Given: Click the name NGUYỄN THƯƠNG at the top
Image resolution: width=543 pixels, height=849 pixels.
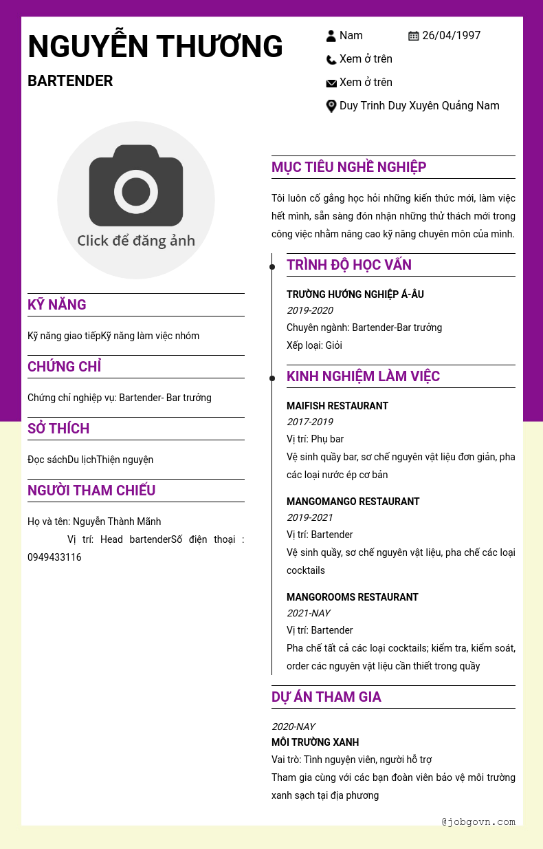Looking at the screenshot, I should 155,47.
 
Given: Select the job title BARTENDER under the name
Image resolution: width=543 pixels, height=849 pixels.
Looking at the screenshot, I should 70,81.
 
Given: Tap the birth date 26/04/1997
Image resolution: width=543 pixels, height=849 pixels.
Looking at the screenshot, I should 451,36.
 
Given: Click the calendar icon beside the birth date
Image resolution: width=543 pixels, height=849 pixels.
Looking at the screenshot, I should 414,36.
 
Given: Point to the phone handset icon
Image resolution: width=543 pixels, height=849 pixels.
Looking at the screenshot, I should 331,60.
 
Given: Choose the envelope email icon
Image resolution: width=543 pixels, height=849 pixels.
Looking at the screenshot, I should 331,83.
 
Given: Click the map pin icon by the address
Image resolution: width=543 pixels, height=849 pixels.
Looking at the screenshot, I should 331,106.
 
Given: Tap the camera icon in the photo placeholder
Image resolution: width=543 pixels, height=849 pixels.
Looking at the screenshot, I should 136,185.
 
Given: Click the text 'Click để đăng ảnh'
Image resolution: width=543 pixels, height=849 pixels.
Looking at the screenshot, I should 136,241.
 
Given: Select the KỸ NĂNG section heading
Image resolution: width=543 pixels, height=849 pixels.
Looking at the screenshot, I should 57,305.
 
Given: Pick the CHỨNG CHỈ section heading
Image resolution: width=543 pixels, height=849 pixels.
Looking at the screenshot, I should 65,367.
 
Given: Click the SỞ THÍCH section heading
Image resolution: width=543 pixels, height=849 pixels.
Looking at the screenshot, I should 58,429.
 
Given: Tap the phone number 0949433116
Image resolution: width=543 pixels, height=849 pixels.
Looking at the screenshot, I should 54,557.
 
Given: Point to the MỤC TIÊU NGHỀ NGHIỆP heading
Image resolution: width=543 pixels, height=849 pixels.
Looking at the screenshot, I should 348,167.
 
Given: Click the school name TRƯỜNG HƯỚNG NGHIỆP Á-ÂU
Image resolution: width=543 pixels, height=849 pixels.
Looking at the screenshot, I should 355,294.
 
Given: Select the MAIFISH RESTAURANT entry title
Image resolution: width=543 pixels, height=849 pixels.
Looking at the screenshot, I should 337,406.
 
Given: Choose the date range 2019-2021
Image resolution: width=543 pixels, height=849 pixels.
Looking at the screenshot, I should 309,517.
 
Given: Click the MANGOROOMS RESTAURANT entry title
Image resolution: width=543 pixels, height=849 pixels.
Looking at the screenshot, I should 353,597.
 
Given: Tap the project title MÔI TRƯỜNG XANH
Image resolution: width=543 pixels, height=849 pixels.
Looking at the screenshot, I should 315,742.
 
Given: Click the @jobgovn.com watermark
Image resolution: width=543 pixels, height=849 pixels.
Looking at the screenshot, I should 478,821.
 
